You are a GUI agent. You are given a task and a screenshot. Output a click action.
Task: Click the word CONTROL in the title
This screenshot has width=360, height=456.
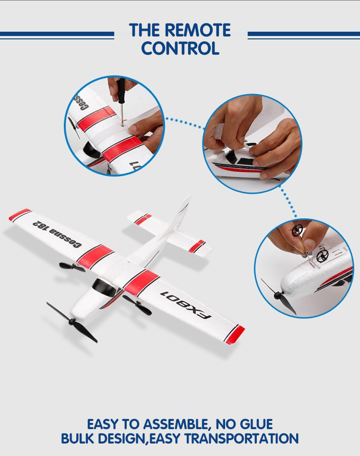tap(180, 48)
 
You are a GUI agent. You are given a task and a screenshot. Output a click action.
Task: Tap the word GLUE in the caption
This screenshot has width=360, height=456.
tap(256, 424)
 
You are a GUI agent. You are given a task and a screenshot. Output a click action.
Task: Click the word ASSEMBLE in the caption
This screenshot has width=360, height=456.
tap(175, 425)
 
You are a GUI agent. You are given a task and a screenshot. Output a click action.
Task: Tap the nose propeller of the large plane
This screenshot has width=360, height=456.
tap(72, 322)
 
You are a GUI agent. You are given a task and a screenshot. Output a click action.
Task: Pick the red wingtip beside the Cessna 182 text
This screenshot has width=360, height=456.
tap(20, 215)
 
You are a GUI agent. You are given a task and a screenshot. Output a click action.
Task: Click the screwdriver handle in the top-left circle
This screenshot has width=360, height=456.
tap(121, 89)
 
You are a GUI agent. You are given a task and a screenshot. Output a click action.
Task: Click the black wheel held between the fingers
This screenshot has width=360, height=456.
tap(297, 230)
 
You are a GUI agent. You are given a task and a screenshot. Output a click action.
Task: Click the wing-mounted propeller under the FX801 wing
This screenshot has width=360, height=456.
tap(137, 304)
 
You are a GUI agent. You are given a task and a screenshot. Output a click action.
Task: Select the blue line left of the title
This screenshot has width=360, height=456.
tap(57, 35)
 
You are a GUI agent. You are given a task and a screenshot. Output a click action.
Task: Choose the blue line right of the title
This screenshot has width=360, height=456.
tap(304, 35)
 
